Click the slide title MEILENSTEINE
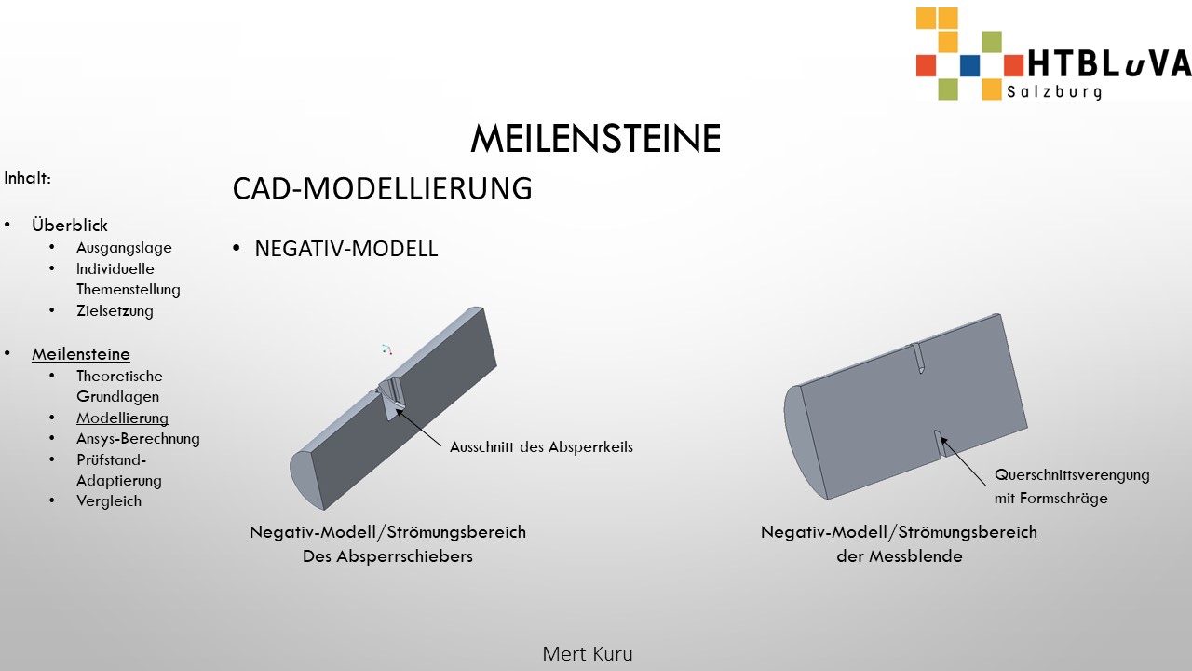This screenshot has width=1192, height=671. pyautogui.click(x=595, y=138)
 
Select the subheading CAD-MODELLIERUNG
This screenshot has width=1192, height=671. pyautogui.click(x=382, y=188)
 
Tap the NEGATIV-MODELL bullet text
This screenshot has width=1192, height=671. pyautogui.click(x=345, y=249)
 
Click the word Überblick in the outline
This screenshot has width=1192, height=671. pyautogui.click(x=70, y=225)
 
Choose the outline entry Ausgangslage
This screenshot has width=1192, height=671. pyautogui.click(x=124, y=248)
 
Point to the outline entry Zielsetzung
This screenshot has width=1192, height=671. pyautogui.click(x=115, y=310)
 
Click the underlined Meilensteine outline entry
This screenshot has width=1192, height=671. pyautogui.click(x=81, y=354)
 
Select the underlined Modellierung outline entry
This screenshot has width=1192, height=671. pyautogui.click(x=122, y=418)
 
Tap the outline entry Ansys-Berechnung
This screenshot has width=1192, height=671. pyautogui.click(x=139, y=439)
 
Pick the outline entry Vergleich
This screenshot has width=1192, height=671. pyautogui.click(x=109, y=501)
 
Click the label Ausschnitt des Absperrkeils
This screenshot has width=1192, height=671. pyautogui.click(x=542, y=446)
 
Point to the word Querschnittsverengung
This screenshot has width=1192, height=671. pyautogui.click(x=1072, y=475)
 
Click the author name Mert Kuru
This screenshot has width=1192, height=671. pyautogui.click(x=588, y=654)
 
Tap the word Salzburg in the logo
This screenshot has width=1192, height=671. pyautogui.click(x=1054, y=91)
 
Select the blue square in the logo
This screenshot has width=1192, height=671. pyautogui.click(x=969, y=65)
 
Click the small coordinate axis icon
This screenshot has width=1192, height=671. pyautogui.click(x=386, y=349)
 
